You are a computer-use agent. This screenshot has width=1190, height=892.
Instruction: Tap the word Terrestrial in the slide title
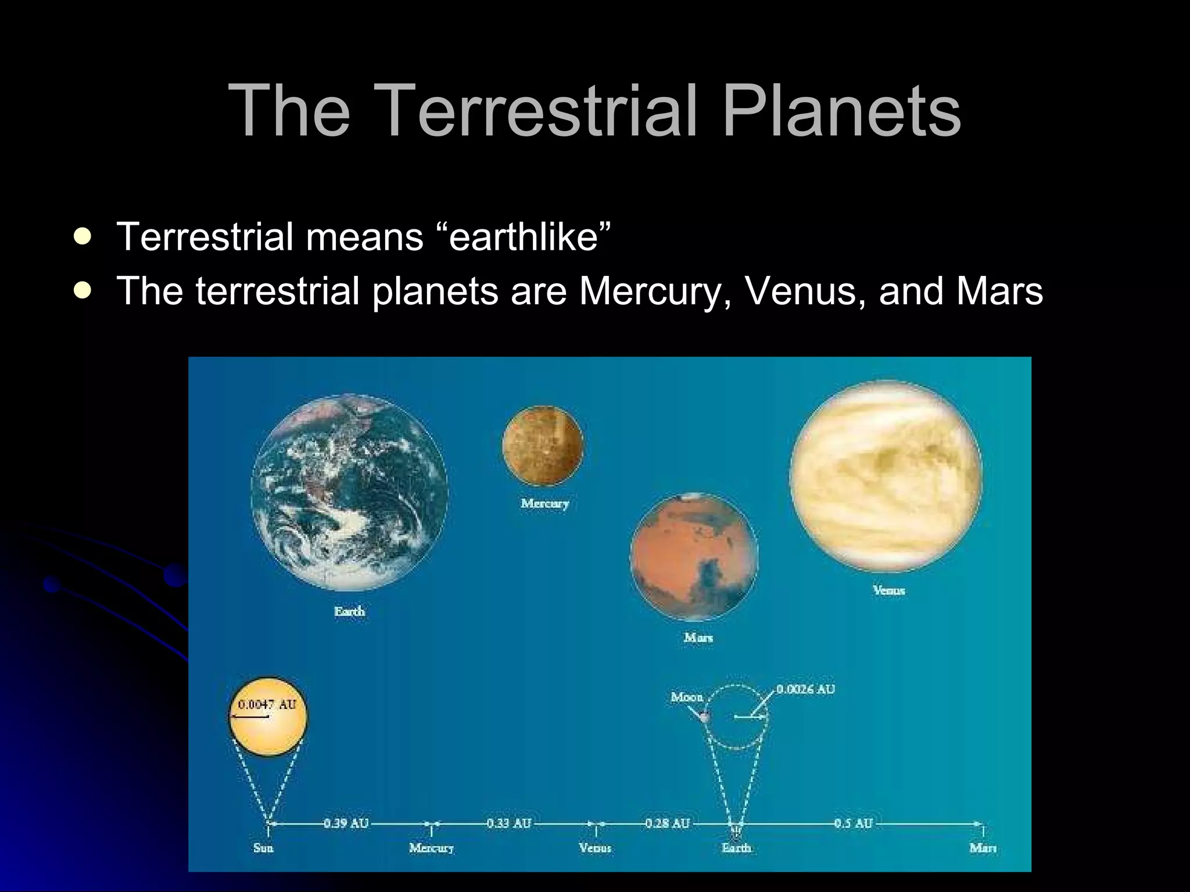pyautogui.click(x=537, y=110)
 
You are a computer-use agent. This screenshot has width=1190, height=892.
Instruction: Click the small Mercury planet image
pyautogui.click(x=543, y=445)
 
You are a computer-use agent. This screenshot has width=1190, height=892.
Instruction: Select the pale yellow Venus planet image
pyautogui.click(x=886, y=476)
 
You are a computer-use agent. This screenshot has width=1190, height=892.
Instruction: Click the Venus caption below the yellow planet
pyautogui.click(x=888, y=591)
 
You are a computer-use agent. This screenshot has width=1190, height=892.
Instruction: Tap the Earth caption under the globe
pyautogui.click(x=349, y=612)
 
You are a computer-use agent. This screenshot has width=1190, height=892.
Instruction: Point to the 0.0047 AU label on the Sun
pyautogui.click(x=267, y=704)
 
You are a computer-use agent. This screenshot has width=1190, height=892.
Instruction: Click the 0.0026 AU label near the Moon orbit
pyautogui.click(x=805, y=689)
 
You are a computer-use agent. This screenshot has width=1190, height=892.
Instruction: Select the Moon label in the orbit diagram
pyautogui.click(x=686, y=696)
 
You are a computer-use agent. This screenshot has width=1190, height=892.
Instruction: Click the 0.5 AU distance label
pyautogui.click(x=854, y=823)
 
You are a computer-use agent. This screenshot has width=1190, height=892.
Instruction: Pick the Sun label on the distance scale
pyautogui.click(x=263, y=848)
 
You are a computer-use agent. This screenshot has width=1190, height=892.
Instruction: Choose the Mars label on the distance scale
pyautogui.click(x=983, y=848)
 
